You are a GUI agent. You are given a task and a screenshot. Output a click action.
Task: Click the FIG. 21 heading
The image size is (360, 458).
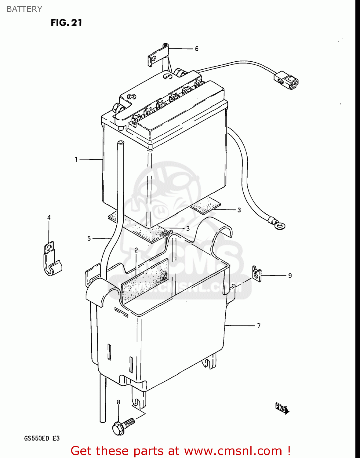click(66, 23)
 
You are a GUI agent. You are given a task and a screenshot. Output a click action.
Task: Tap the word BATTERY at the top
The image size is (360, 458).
click(24, 9)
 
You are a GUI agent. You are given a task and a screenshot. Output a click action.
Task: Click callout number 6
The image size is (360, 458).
click(197, 49)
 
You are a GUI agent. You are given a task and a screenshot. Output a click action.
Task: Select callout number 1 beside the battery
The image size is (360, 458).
click(76, 159)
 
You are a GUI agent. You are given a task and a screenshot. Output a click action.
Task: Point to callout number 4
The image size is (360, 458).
click(49, 217)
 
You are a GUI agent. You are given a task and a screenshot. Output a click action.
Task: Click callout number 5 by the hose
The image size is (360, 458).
click(89, 238)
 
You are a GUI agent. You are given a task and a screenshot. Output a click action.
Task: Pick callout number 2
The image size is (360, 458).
click(136, 250)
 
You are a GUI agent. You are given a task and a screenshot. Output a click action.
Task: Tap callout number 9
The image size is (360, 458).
click(290, 276)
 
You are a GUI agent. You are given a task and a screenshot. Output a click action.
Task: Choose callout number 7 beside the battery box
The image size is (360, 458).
click(259, 326)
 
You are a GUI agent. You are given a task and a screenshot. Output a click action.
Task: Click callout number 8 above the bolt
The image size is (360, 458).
click(118, 402)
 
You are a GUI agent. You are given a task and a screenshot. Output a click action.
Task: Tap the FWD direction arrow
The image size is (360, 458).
click(282, 408)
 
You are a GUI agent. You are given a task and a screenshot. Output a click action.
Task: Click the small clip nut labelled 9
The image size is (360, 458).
click(256, 274)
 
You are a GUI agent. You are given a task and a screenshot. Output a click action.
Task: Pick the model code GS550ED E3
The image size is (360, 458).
click(42, 438)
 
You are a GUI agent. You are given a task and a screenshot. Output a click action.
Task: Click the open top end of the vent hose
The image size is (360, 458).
click(121, 143)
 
